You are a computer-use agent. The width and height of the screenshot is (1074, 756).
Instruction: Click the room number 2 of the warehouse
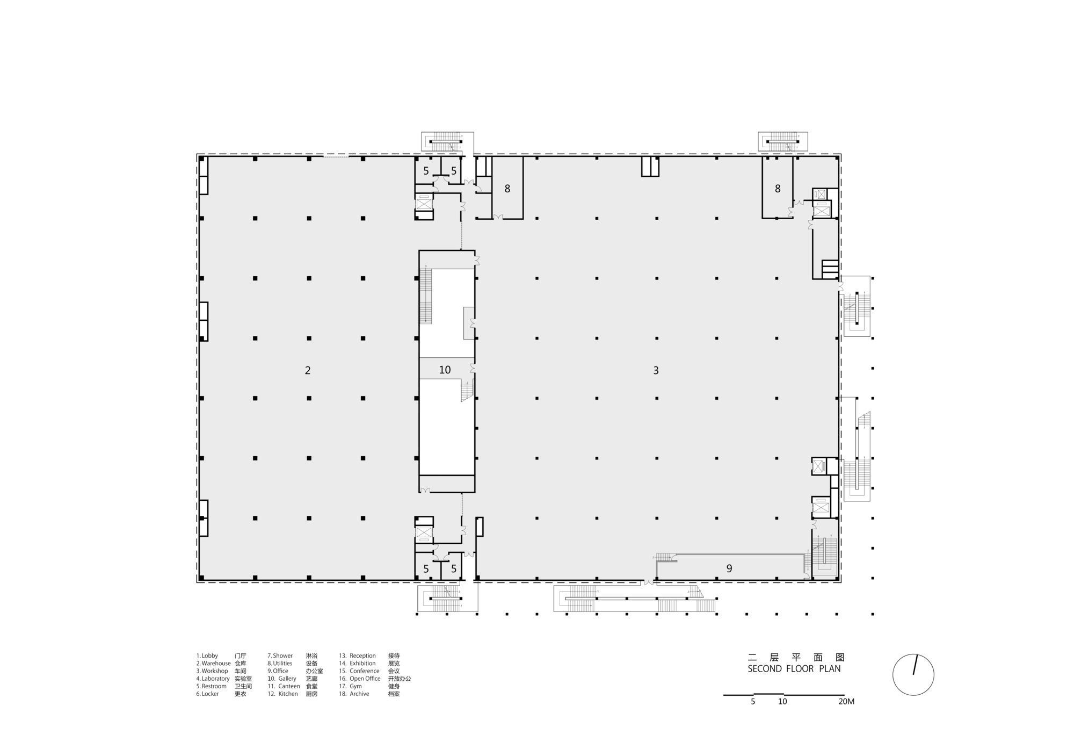click(308, 370)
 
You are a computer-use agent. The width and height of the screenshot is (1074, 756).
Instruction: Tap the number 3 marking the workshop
click(656, 370)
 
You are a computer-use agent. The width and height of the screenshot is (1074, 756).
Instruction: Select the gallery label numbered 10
click(445, 370)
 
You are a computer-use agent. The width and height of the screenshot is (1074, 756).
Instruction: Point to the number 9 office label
click(729, 568)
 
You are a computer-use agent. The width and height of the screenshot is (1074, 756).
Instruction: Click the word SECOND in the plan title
click(765, 669)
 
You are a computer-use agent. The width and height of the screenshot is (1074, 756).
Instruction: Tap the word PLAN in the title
click(830, 669)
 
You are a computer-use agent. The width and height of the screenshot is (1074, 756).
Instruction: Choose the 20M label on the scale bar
click(846, 702)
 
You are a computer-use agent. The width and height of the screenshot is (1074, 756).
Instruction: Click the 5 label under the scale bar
click(753, 702)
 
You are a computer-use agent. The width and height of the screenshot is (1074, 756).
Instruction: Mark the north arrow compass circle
click(913, 675)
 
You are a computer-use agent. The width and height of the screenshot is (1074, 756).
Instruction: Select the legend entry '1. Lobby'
click(207, 656)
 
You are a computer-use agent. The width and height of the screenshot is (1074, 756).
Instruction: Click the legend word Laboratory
click(215, 679)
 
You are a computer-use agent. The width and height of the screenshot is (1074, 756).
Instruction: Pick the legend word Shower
click(282, 656)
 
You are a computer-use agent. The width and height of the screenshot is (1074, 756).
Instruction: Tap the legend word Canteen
click(289, 686)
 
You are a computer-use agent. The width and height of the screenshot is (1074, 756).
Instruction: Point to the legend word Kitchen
click(288, 694)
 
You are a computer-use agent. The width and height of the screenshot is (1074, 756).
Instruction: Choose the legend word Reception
click(362, 656)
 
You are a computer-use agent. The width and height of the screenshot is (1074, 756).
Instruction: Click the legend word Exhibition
click(362, 663)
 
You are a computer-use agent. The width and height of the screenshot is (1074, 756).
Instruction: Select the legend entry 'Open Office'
click(365, 679)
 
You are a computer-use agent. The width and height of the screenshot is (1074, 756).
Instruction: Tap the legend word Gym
click(355, 686)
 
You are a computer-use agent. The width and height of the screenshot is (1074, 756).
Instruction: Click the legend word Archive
click(359, 694)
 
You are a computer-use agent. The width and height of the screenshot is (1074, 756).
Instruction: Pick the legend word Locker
click(210, 694)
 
